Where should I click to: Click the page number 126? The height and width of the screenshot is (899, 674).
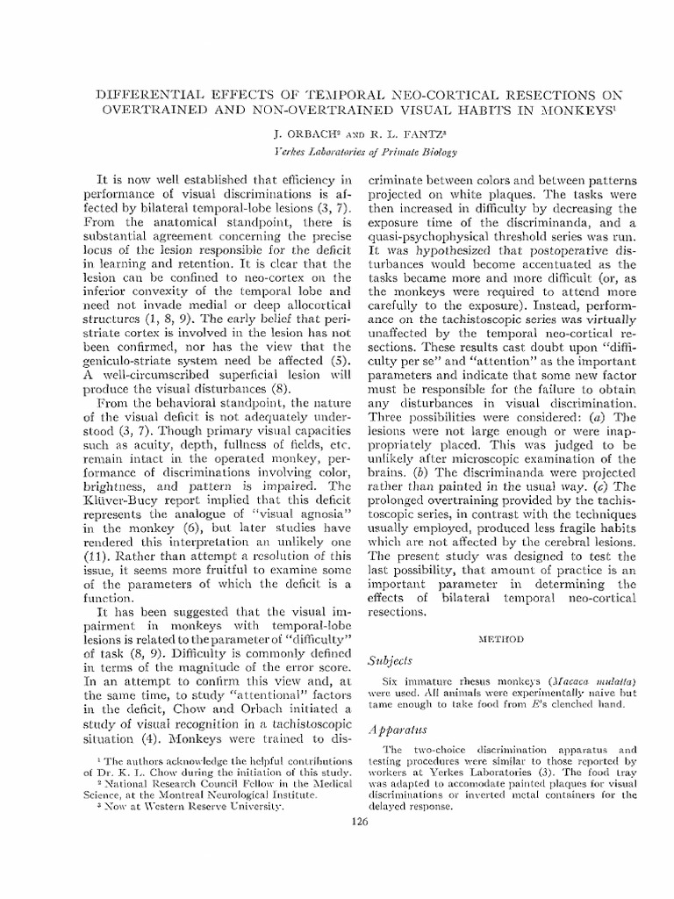[357, 821]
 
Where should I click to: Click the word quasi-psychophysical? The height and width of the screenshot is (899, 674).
[432, 247]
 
